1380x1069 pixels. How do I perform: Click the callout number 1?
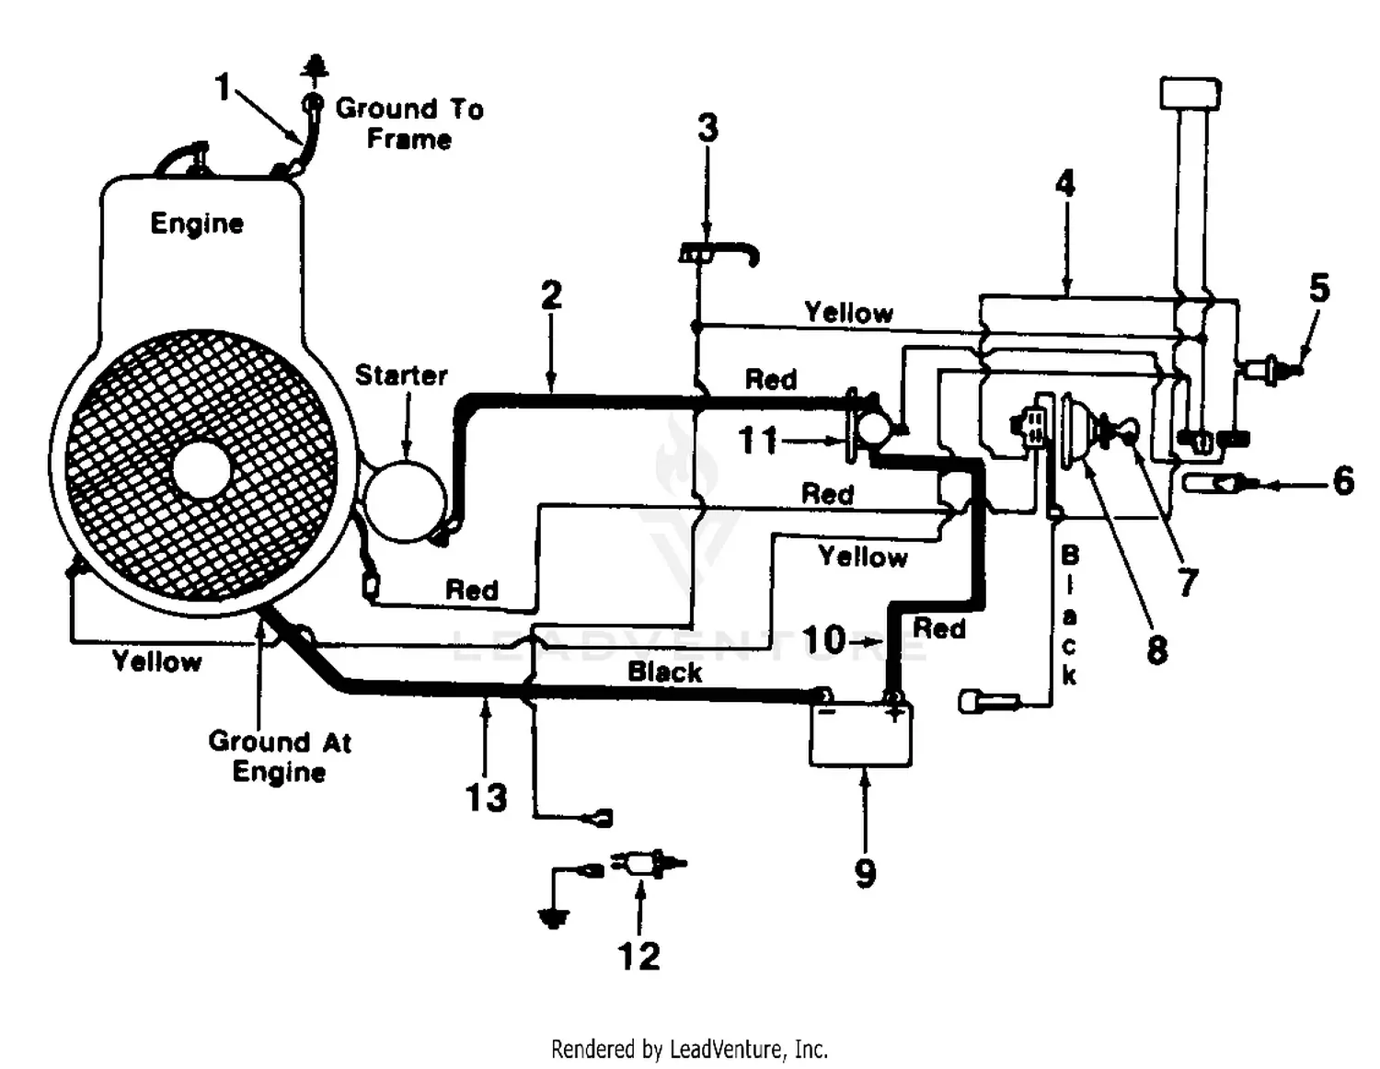coord(222,87)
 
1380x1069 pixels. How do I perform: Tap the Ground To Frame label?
coord(408,123)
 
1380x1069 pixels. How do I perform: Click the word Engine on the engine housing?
coord(197,224)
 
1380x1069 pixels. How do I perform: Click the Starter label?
coord(401,375)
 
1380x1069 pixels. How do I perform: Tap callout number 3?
coord(707,129)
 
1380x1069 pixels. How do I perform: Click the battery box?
coord(860,736)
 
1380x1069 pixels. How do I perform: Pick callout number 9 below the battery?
coord(865,872)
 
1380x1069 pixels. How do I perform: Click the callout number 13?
coord(486,798)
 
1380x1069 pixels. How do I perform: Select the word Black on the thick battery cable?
coord(664,672)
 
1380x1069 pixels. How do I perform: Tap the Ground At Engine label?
coord(280,756)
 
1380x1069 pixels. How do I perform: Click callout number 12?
coord(638,956)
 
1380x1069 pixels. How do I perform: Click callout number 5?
coord(1319,289)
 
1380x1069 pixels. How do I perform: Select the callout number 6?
coord(1343,480)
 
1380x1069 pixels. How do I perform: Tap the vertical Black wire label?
coord(1069,615)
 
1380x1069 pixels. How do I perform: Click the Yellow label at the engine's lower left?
coord(156,661)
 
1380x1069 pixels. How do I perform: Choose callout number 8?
coord(1156,649)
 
